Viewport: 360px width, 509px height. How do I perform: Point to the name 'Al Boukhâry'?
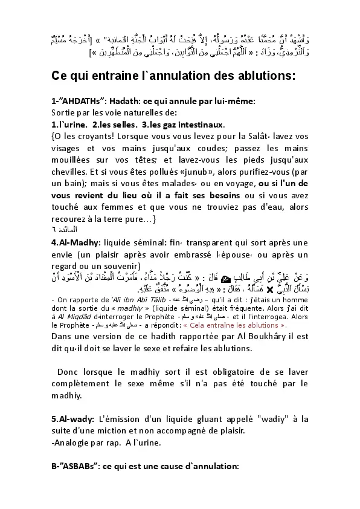click(x=256, y=336)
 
